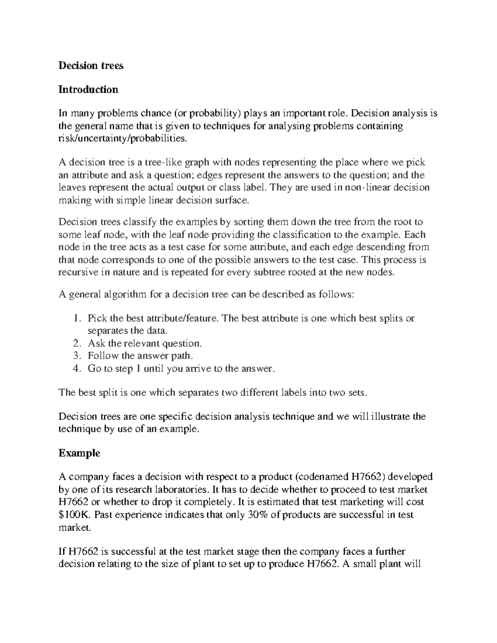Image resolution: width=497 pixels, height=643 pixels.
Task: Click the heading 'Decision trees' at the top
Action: click(x=91, y=65)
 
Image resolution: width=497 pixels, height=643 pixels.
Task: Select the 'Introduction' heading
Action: click(x=88, y=89)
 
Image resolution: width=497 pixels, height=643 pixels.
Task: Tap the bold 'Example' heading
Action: click(x=79, y=453)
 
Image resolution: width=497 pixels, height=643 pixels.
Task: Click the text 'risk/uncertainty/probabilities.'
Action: click(x=120, y=139)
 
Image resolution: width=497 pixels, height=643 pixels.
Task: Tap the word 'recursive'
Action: click(x=77, y=272)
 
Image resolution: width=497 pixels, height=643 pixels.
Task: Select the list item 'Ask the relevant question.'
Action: click(x=145, y=343)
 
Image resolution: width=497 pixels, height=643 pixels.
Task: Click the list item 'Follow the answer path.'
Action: click(x=140, y=356)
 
